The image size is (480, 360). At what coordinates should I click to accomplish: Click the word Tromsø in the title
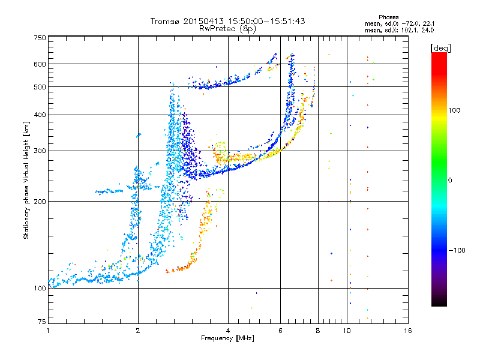[x=166, y=21]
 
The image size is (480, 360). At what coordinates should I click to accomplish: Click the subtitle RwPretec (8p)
[x=227, y=29]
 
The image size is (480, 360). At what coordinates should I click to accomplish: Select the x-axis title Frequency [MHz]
[x=227, y=338]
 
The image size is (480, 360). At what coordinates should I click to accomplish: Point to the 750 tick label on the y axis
[x=40, y=38]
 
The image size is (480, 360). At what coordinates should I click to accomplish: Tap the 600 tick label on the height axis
[x=40, y=64]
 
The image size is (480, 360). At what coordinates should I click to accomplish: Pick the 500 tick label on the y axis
[x=40, y=87]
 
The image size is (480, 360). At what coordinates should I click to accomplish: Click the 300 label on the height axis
[x=40, y=151]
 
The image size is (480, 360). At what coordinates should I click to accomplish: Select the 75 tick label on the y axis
[x=42, y=322]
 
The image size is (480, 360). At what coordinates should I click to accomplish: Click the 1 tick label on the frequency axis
[x=49, y=331]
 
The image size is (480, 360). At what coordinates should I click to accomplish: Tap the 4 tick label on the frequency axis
[x=228, y=331]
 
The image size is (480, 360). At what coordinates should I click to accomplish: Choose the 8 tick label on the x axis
[x=318, y=331]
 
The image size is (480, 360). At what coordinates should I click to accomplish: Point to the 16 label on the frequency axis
[x=408, y=331]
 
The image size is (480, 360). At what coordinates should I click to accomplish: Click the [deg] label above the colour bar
[x=440, y=48]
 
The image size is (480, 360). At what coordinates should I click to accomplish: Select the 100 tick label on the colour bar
[x=454, y=110]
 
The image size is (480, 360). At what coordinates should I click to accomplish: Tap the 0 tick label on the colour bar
[x=450, y=181]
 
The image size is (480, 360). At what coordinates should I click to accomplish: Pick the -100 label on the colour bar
[x=457, y=250]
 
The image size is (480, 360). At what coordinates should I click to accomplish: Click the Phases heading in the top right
[x=389, y=17]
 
